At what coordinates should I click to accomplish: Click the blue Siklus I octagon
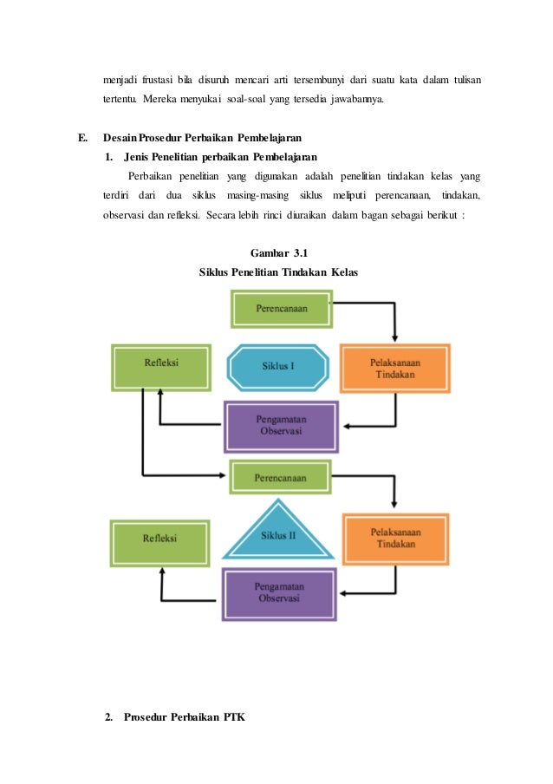coord(278,367)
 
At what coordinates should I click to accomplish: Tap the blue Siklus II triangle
coord(278,533)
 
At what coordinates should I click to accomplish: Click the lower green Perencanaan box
coord(280,478)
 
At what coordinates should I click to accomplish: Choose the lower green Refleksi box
coord(160,539)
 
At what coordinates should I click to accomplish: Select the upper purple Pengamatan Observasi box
coord(279,426)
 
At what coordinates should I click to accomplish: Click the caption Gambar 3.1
coord(279,252)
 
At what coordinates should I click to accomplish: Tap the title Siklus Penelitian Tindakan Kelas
coord(278,271)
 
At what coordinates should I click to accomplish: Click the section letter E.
coord(82,138)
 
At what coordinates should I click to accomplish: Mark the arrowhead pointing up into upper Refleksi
coord(159,395)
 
